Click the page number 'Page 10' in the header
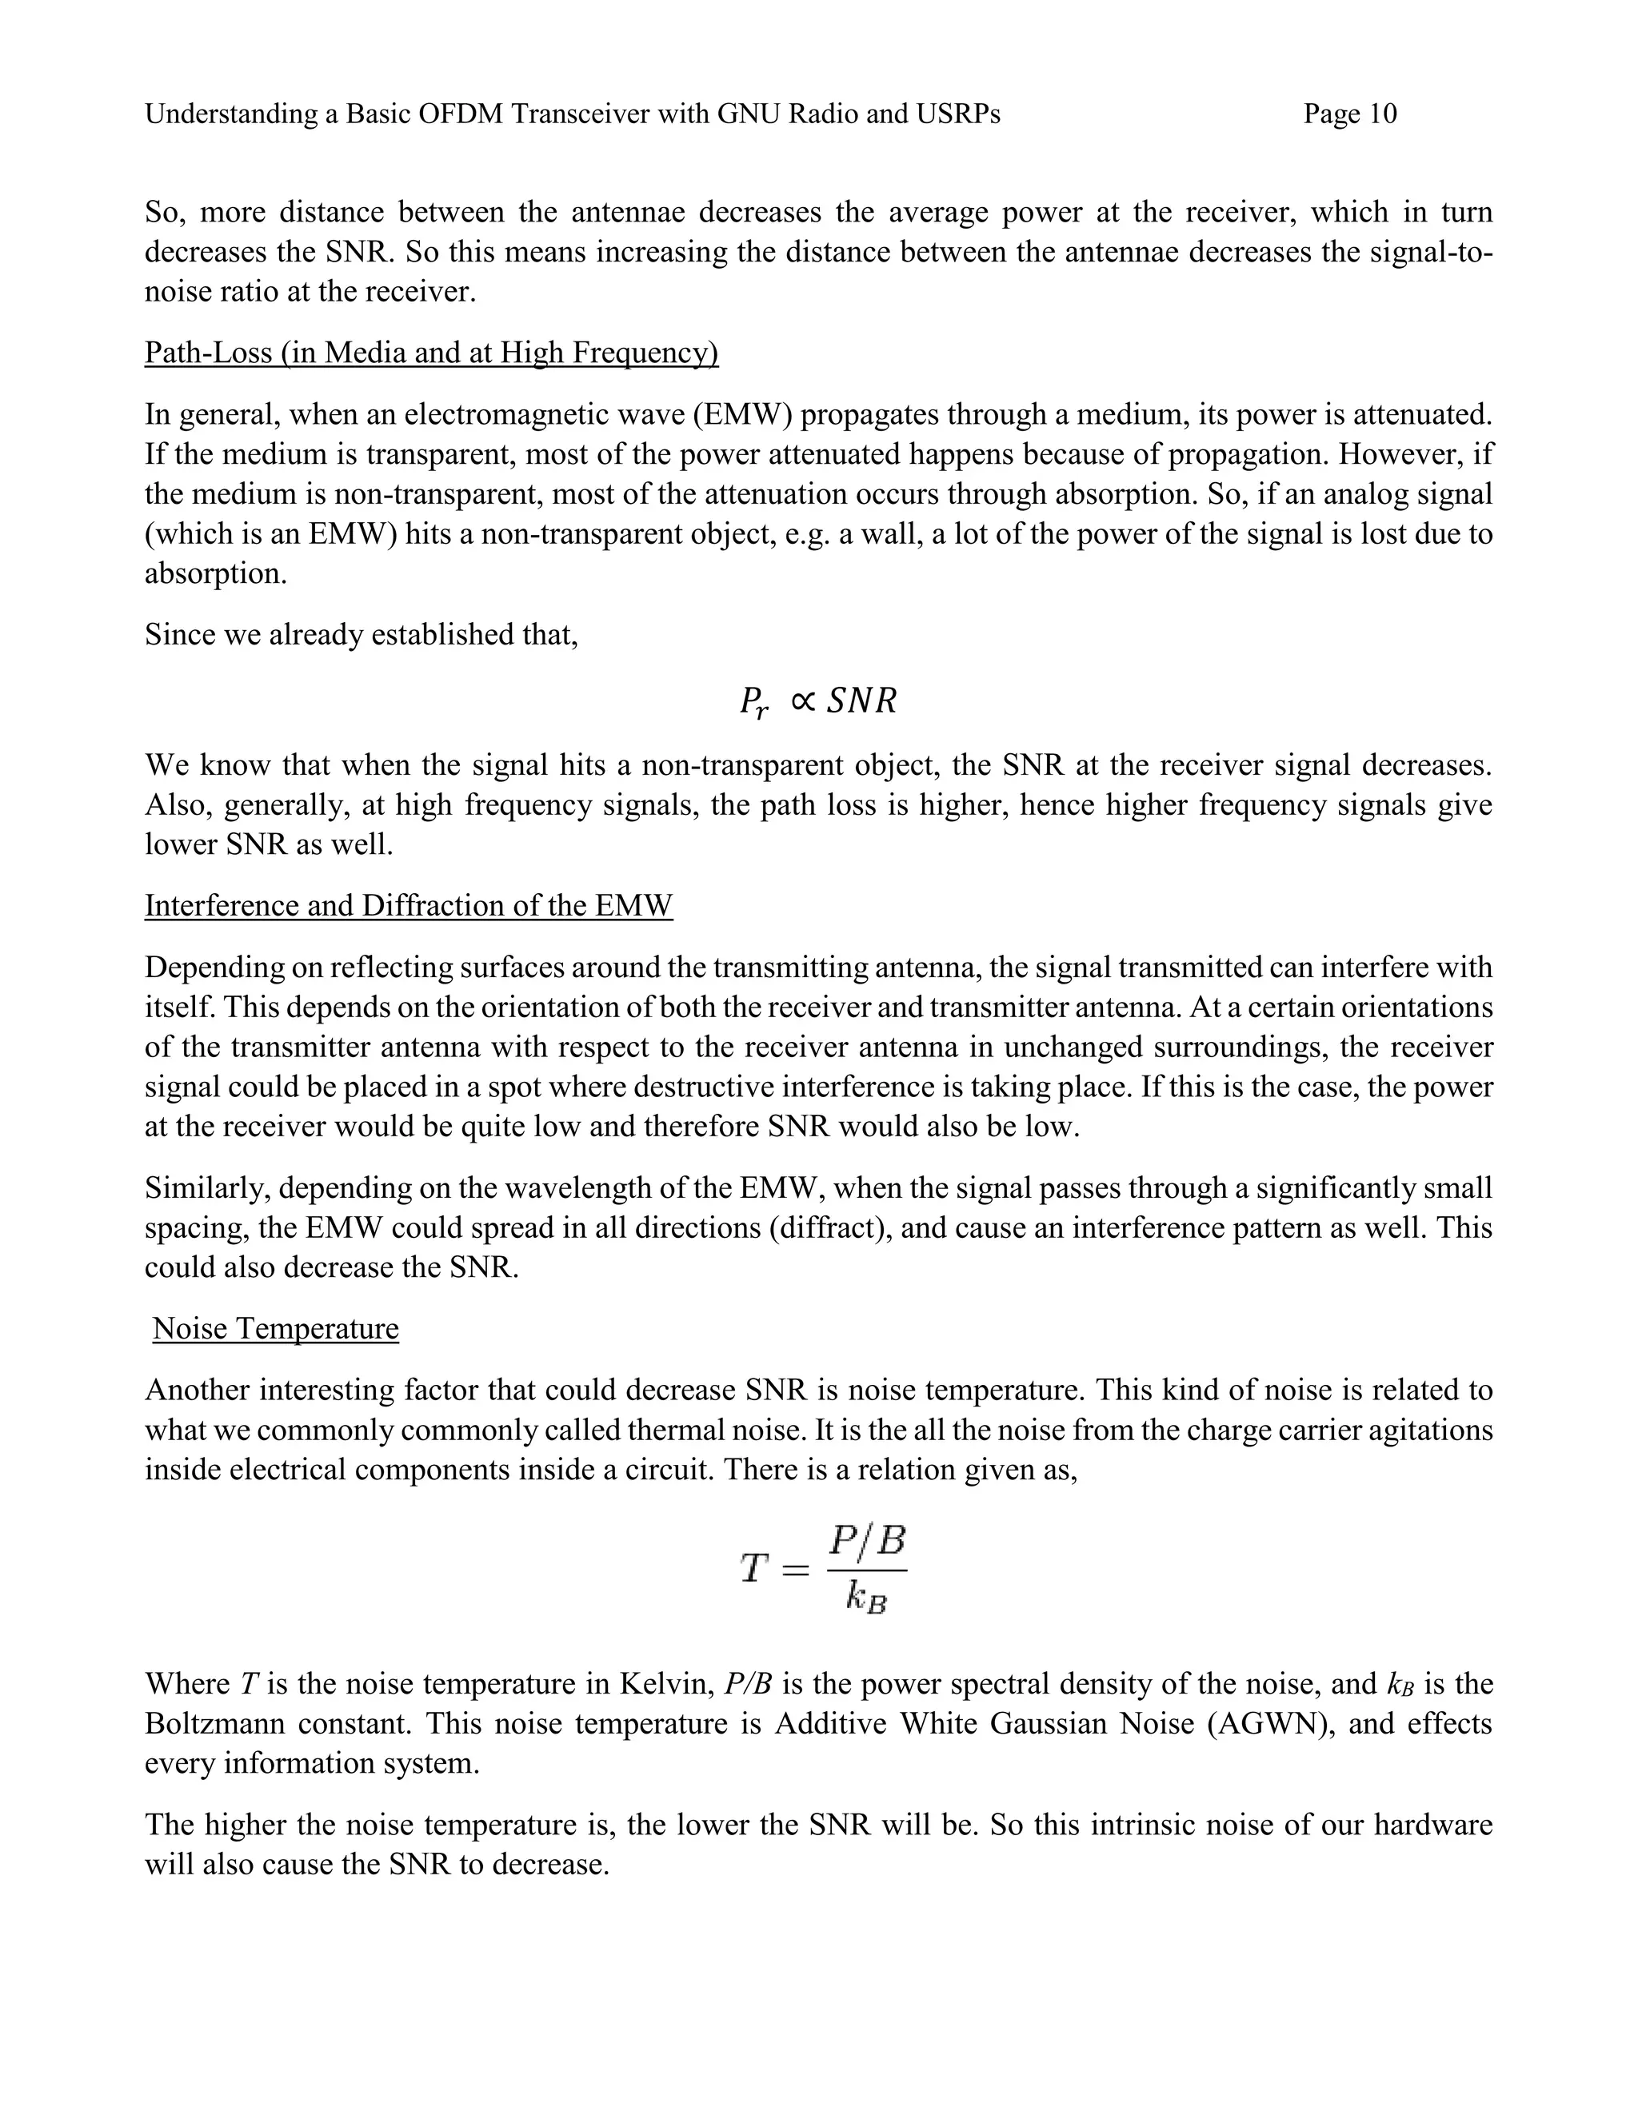pos(1350,114)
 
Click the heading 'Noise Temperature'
pos(276,1328)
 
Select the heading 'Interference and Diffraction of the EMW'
pos(409,905)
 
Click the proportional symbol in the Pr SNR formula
pos(801,700)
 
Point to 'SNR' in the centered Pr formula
pos(861,700)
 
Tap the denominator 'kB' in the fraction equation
pos(866,1598)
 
